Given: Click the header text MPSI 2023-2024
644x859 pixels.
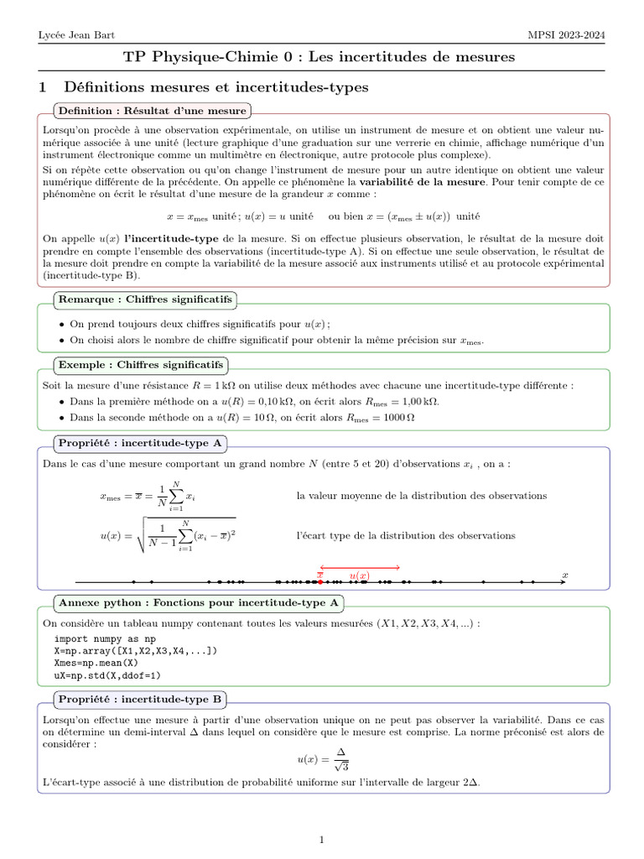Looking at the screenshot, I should point(566,34).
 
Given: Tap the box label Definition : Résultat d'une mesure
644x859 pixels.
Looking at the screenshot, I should point(151,111).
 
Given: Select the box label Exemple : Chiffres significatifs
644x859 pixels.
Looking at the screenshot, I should point(140,365).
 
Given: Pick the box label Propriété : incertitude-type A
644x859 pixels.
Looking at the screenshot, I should point(140,443).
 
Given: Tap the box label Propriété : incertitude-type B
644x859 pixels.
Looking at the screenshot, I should point(140,698).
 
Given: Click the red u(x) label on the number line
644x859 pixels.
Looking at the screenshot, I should point(359,575).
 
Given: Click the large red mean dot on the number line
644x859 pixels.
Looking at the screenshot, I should point(320,581).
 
